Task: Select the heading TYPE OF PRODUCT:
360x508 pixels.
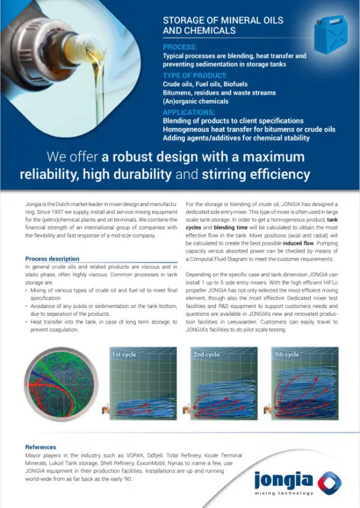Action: click(x=195, y=75)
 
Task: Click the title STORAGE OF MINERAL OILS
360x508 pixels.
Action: click(x=223, y=20)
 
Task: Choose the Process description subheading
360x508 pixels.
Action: click(x=53, y=259)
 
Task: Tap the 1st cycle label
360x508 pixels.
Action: click(x=125, y=354)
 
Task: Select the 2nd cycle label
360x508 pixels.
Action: click(x=207, y=354)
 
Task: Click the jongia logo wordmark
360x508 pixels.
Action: click(x=283, y=480)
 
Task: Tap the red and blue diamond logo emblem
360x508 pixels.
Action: click(x=329, y=480)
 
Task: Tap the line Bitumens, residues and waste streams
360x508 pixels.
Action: click(x=219, y=93)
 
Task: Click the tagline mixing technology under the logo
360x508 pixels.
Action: click(x=284, y=494)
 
